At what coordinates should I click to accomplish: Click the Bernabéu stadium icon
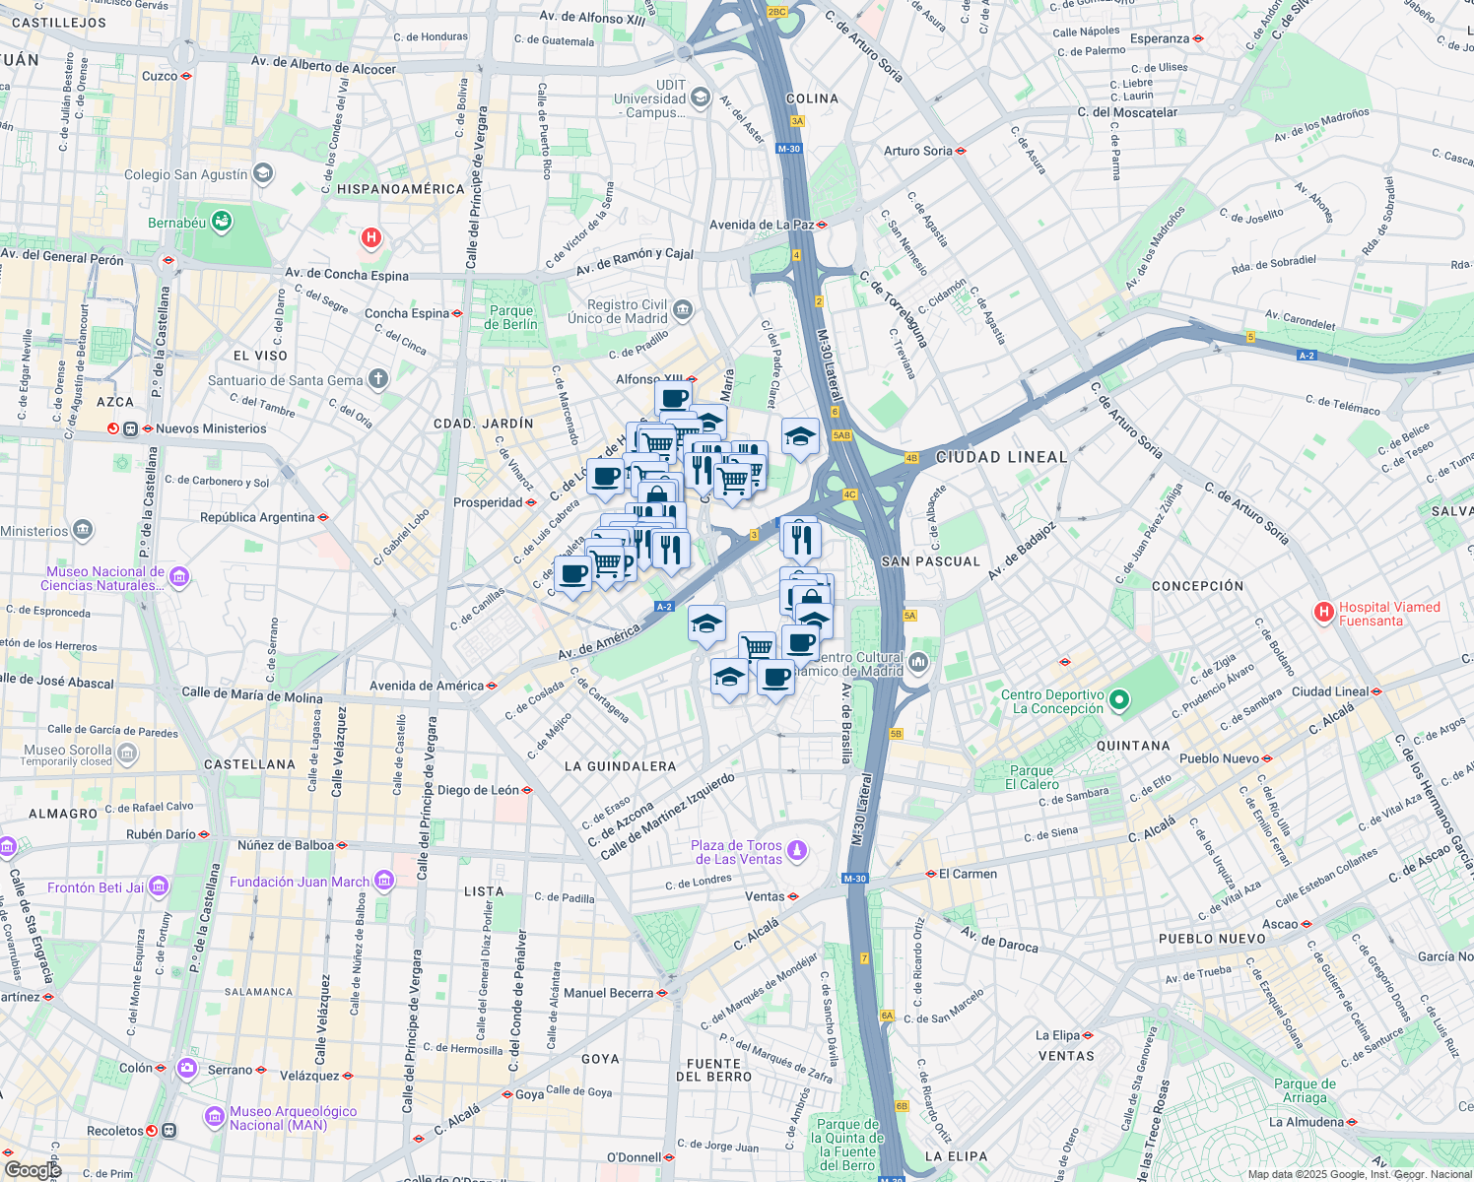pos(223,222)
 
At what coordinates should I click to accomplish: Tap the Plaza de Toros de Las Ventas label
pos(736,852)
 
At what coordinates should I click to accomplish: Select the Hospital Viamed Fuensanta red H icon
pos(1324,613)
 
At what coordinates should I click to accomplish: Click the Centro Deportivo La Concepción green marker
pos(1118,700)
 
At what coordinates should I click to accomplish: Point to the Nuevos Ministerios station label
pos(211,428)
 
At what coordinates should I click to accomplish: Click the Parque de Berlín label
pos(511,317)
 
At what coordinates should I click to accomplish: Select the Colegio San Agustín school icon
pos(263,174)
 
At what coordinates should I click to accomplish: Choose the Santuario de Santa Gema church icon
pos(377,379)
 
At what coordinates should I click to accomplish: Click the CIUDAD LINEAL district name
pos(1001,457)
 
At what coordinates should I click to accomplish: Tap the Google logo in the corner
pos(33,1169)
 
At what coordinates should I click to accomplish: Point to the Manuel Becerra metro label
pos(608,993)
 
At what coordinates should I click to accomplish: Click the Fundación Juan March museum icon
pos(384,881)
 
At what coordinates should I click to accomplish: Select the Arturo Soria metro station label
pos(917,151)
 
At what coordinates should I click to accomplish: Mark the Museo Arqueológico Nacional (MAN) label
pos(293,1118)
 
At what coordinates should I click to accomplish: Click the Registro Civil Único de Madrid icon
pos(683,311)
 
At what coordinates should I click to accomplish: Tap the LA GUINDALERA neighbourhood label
pos(620,766)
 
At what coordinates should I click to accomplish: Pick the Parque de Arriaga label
pos(1305,1090)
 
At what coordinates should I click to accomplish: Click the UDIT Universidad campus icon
pos(700,97)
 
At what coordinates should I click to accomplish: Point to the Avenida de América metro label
pos(427,686)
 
